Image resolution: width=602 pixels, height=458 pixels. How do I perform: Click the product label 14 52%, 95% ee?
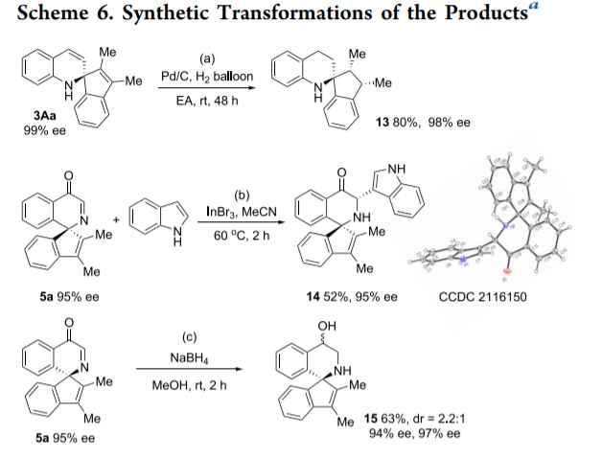tap(351, 297)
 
